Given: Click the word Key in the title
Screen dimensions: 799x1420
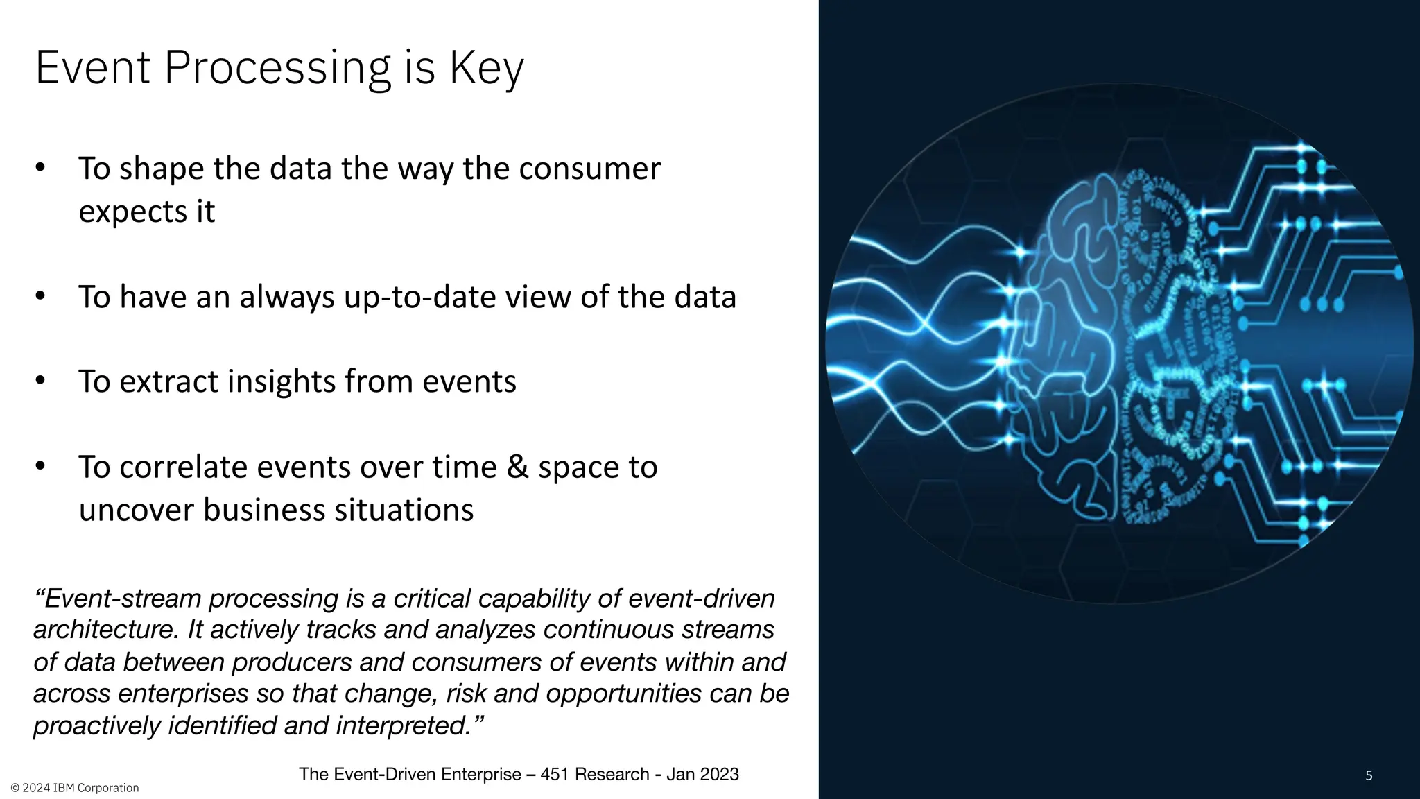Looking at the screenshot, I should (x=486, y=69).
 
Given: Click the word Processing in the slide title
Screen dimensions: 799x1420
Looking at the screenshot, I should (x=277, y=69).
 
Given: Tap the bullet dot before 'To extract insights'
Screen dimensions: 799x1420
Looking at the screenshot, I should (x=40, y=380).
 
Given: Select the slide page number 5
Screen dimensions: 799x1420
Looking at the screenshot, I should (x=1369, y=775).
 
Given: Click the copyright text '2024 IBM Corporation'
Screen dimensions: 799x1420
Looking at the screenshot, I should (x=80, y=788).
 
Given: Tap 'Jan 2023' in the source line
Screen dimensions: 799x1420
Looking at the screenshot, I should (x=702, y=774).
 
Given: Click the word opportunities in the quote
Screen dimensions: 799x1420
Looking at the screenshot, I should (x=623, y=694).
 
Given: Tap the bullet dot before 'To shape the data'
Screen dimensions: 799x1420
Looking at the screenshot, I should (x=40, y=168).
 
